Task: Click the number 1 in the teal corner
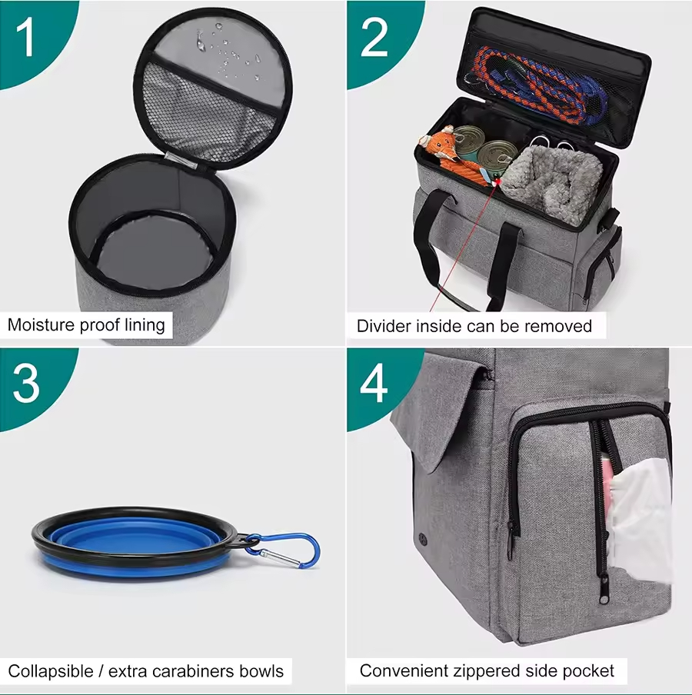[25, 38]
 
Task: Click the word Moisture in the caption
[42, 325]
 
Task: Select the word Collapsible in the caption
[51, 671]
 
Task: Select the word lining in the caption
[145, 325]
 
